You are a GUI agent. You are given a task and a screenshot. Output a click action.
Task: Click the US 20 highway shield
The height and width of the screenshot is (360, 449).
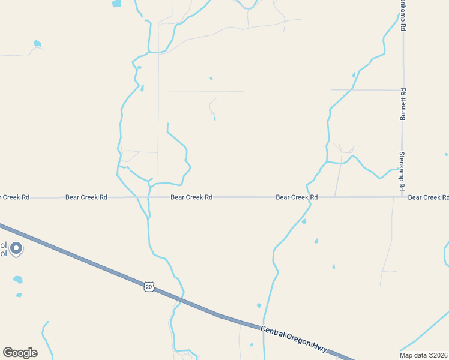148,287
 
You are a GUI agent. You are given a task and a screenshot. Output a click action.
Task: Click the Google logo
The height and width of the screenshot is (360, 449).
20,353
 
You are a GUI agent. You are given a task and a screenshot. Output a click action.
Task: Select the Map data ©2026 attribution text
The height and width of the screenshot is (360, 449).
423,355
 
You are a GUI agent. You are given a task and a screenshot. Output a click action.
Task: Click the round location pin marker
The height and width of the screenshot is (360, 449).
16,247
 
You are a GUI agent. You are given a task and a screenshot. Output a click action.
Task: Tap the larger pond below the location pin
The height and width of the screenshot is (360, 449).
18,280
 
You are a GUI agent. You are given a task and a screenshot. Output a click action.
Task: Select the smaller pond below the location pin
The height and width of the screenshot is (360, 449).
19,295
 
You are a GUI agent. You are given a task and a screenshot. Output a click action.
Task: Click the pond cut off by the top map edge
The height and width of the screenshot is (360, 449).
116,3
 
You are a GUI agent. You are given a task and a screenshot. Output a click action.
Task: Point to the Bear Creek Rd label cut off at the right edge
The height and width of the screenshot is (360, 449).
428,197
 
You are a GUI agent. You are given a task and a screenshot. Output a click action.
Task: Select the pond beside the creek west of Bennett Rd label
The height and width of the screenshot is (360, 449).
354,75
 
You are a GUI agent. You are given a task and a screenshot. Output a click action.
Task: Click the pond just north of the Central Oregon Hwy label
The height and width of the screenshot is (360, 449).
259,305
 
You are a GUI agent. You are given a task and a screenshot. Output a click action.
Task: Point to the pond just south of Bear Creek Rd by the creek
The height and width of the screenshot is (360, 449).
304,221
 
